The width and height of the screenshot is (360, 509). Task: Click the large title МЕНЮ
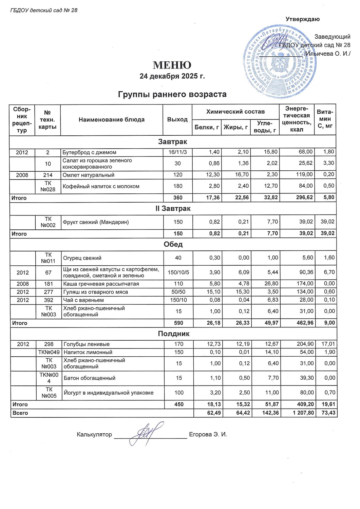(x=172, y=65)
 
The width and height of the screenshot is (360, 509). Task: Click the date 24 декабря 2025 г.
(x=172, y=76)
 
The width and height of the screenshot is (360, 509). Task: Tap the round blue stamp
(x=280, y=63)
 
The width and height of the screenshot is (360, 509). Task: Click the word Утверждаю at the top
(x=302, y=19)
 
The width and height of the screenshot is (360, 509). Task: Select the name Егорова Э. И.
(x=208, y=434)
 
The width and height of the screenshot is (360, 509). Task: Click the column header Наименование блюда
(x=111, y=119)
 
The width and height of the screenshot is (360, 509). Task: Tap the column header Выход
(x=177, y=119)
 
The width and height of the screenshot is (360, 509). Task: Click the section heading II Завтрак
(x=173, y=208)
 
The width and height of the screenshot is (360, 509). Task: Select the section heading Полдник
(x=173, y=334)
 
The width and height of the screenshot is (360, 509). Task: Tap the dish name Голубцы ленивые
(x=87, y=344)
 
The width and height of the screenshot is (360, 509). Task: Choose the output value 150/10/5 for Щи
(x=178, y=272)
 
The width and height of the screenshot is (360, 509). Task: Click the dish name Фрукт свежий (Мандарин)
(x=96, y=222)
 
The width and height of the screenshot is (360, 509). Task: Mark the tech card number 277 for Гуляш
(x=49, y=292)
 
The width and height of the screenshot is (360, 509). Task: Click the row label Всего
(x=20, y=413)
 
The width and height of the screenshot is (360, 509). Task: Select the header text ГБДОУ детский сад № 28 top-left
(x=44, y=10)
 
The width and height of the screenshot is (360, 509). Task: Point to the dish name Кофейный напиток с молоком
(x=101, y=186)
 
